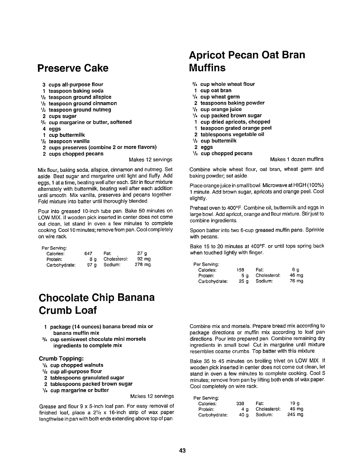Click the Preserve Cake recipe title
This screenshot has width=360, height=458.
click(73, 68)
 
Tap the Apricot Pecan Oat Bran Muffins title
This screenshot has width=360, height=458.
click(247, 61)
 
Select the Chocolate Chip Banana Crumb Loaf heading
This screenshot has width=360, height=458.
click(96, 304)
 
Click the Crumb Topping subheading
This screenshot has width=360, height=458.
click(61, 359)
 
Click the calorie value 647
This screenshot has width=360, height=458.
click(88, 254)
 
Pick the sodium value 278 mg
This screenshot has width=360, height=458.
click(143, 265)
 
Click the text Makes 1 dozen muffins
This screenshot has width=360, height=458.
click(297, 159)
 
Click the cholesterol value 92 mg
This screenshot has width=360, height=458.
click(144, 259)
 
